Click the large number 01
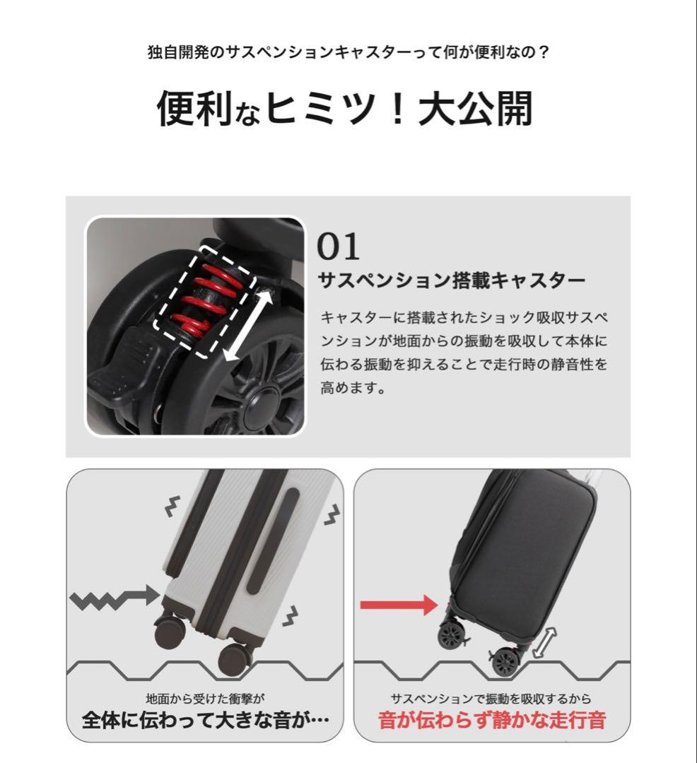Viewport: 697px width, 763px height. click(x=338, y=247)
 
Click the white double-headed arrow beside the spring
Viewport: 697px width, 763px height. click(x=247, y=325)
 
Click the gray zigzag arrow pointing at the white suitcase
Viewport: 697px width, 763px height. click(x=113, y=598)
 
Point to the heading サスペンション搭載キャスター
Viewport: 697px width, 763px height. click(x=452, y=281)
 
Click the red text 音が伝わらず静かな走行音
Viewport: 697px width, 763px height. click(x=492, y=721)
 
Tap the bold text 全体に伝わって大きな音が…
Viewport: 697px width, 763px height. click(x=206, y=721)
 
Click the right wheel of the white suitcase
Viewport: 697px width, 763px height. click(x=235, y=658)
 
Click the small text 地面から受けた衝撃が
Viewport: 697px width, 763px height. click(x=205, y=699)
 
